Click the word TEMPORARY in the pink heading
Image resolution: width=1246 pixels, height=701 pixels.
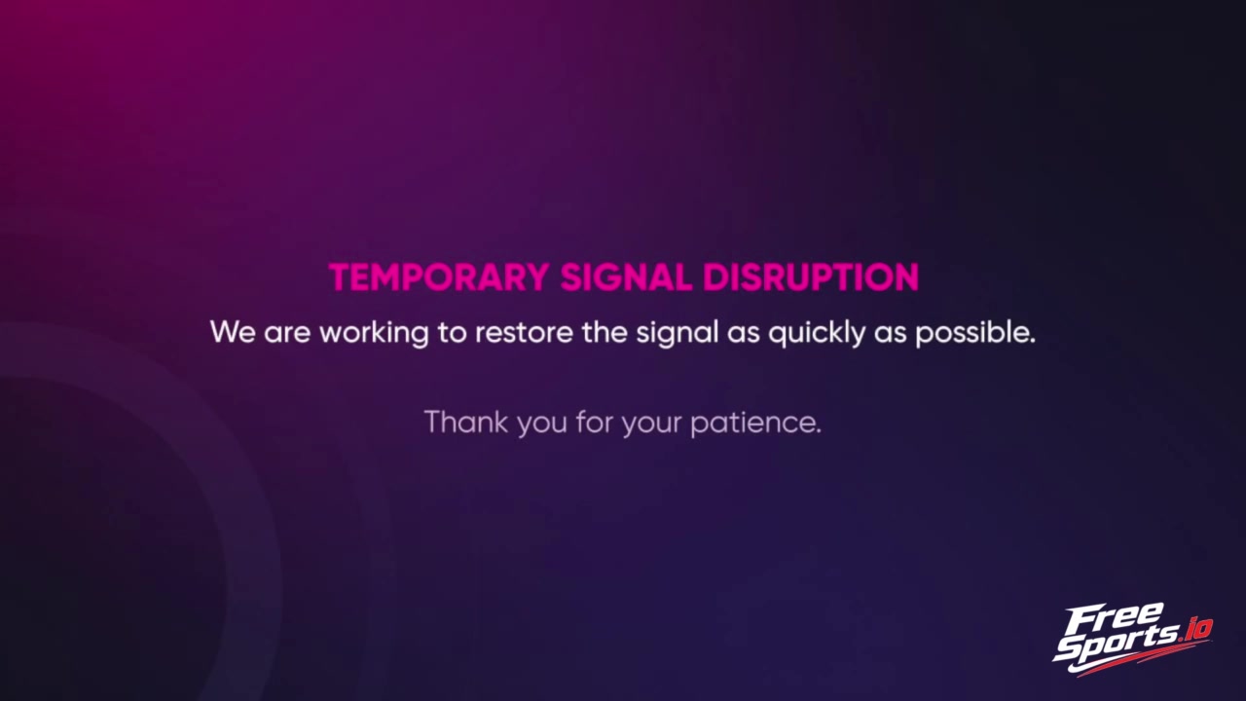click(x=439, y=277)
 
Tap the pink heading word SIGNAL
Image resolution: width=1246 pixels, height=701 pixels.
click(x=626, y=277)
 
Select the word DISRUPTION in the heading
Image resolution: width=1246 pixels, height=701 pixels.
click(x=811, y=277)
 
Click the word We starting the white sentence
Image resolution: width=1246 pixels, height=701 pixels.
click(x=233, y=332)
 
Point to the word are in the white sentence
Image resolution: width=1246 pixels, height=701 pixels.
click(x=287, y=334)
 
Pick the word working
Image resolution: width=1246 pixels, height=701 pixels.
click(x=374, y=334)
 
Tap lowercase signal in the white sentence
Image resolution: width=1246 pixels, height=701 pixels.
click(x=678, y=334)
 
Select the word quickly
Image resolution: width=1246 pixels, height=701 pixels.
click(x=817, y=334)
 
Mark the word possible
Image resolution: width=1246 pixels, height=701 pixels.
click(x=975, y=334)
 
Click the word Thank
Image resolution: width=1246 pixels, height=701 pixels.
click(x=466, y=422)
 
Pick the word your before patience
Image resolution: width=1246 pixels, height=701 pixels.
click(x=651, y=424)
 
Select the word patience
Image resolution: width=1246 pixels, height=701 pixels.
click(x=756, y=423)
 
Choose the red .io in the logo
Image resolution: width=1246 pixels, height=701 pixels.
click(x=1194, y=630)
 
